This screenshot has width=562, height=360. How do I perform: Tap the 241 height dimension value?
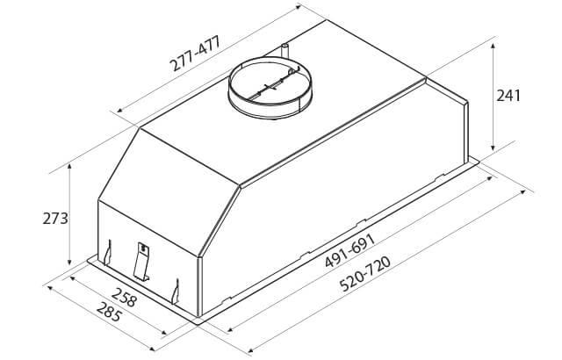[508, 96]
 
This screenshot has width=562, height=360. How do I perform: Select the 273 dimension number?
[55, 218]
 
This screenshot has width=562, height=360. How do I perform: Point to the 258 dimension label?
[124, 297]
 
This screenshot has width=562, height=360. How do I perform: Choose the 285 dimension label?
[110, 312]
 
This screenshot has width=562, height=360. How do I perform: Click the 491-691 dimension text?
[350, 251]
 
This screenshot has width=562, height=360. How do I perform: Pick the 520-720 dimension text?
[365, 274]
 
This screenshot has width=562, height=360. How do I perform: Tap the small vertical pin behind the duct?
[285, 50]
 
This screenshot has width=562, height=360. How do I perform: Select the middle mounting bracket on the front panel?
[141, 262]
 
